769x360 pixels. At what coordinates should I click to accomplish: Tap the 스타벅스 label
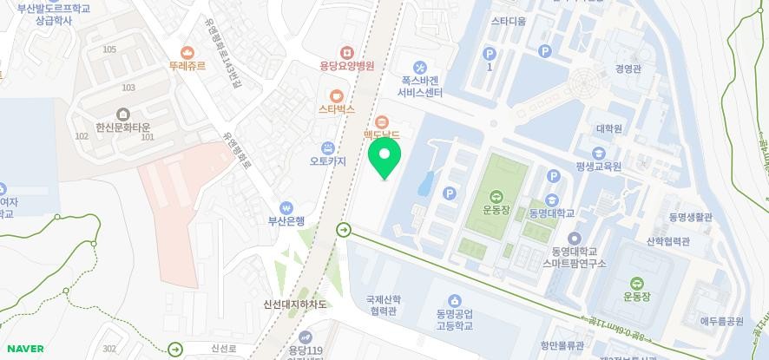pyautogui.click(x=337, y=110)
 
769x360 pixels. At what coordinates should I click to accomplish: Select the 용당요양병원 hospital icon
pyautogui.click(x=347, y=53)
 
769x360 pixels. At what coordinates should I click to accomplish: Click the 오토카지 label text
pyautogui.click(x=328, y=161)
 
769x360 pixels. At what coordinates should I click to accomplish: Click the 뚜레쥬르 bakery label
pyautogui.click(x=187, y=65)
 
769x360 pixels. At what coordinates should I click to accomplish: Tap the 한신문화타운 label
pyautogui.click(x=122, y=127)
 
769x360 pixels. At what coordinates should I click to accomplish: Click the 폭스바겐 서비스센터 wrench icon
pyautogui.click(x=420, y=68)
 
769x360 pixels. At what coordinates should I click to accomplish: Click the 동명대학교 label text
pyautogui.click(x=549, y=213)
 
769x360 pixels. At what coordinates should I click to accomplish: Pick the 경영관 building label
pyautogui.click(x=628, y=69)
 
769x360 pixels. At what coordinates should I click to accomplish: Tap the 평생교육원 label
pyautogui.click(x=598, y=166)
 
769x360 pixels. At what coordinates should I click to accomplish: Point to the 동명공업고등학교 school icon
pyautogui.click(x=454, y=301)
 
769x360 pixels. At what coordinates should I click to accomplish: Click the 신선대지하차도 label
pyautogui.click(x=295, y=304)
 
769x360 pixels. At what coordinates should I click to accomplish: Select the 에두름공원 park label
pyautogui.click(x=722, y=321)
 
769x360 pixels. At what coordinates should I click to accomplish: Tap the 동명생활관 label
pyautogui.click(x=690, y=217)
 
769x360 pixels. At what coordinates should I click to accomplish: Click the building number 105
pyautogui.click(x=109, y=49)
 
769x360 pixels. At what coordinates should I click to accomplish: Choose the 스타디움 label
pyautogui.click(x=509, y=21)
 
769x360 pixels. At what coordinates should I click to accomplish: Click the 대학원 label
pyautogui.click(x=608, y=129)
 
